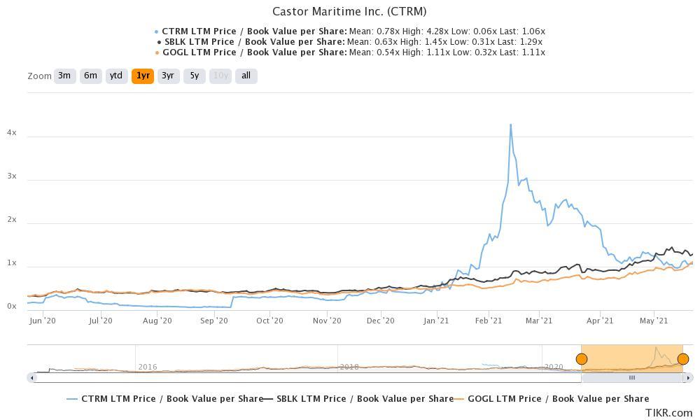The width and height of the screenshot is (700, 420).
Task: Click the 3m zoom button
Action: coord(64,76)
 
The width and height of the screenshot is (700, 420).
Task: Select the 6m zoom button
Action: coord(90,76)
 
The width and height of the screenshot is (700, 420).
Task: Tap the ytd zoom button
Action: coord(116,76)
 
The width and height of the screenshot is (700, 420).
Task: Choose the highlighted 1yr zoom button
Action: coord(143,76)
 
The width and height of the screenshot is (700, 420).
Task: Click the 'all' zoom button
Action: coord(246,76)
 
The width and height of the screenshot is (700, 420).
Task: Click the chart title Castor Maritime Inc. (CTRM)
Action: coord(349,11)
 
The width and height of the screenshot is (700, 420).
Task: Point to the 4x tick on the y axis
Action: coord(12,133)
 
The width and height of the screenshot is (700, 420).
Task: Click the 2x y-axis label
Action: coord(12,220)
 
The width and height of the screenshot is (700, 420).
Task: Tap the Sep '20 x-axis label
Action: coord(213,321)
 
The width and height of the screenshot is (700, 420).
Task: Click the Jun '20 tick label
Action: coord(43,321)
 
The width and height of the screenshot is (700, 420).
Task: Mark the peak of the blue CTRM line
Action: coord(510,125)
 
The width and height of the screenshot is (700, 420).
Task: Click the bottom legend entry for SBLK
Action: coord(365,398)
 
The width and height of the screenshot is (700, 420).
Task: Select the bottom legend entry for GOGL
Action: coord(558,398)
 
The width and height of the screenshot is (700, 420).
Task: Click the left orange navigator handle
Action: coord(581,359)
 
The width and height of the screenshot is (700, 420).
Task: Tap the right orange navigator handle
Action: coord(683,359)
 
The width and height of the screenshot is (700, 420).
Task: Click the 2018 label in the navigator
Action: coord(349,367)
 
